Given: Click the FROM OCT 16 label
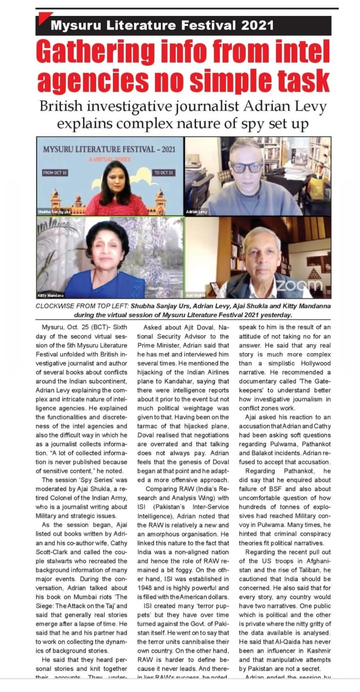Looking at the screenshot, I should pyautogui.click(x=55, y=173).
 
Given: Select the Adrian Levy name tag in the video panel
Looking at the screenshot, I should pyautogui.click(x=197, y=212).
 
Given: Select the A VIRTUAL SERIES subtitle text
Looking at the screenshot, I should pyautogui.click(x=109, y=159).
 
